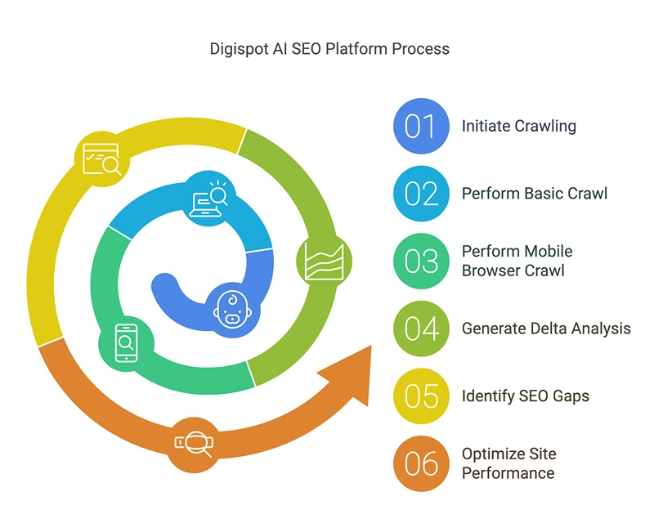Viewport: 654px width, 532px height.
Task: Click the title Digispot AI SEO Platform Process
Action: [329, 49]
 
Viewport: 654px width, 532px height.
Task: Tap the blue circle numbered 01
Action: [421, 127]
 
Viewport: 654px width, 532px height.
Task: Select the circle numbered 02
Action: [421, 194]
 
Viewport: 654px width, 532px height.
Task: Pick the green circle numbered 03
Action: [421, 261]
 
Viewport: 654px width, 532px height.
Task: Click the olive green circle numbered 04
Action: [421, 329]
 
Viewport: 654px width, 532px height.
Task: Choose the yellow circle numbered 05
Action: [421, 396]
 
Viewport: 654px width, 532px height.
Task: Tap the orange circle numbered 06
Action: [421, 463]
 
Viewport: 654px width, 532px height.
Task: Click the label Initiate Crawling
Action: [518, 126]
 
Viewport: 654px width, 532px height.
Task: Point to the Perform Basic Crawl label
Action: [534, 194]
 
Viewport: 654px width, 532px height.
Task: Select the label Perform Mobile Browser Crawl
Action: [517, 261]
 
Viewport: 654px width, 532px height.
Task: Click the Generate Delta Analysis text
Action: [546, 329]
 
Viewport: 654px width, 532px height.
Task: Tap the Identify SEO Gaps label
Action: [525, 396]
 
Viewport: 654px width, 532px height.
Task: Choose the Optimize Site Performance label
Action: [508, 463]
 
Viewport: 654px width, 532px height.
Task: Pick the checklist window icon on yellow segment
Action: [101, 159]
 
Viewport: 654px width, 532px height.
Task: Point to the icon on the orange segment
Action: [194, 443]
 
